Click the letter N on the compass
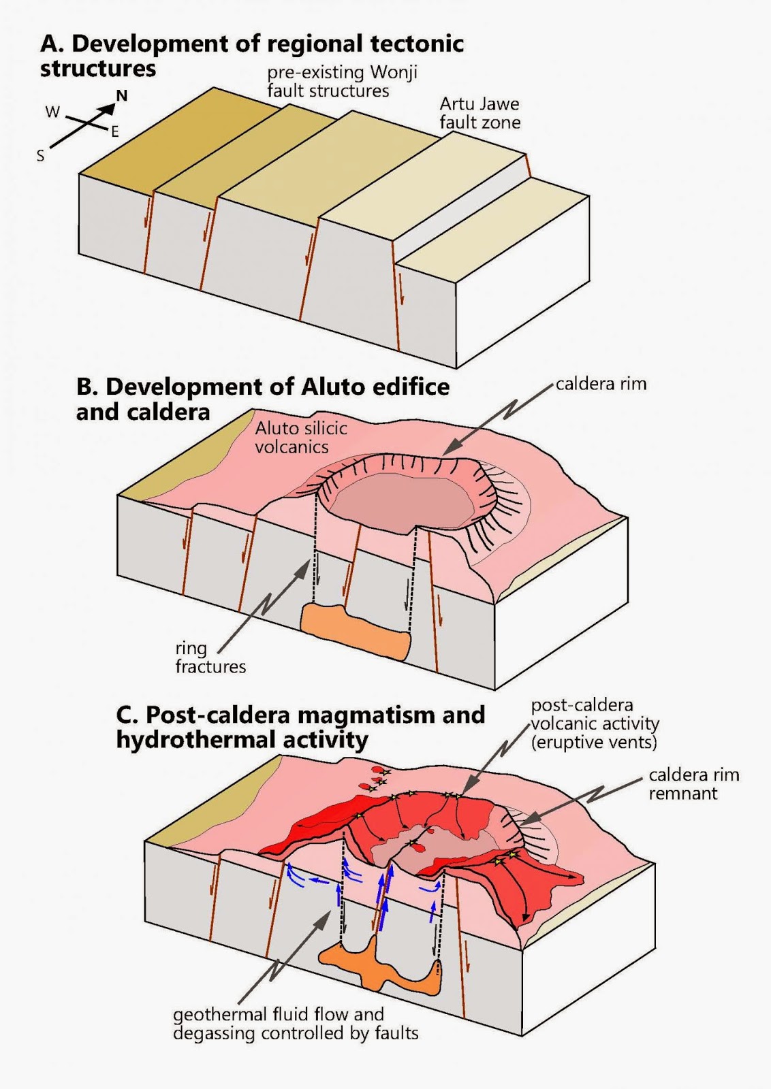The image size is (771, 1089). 122,95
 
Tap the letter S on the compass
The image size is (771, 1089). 40,156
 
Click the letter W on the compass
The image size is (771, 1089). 52,112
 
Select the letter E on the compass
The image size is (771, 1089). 114,132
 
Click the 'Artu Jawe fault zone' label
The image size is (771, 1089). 479,113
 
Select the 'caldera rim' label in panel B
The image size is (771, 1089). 601,384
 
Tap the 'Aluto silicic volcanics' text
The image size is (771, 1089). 300,437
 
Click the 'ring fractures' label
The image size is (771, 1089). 210,657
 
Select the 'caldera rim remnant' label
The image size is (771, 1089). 693,783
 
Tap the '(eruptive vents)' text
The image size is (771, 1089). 594,742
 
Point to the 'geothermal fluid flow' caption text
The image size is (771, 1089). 278,1015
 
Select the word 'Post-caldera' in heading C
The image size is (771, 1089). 217,715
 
